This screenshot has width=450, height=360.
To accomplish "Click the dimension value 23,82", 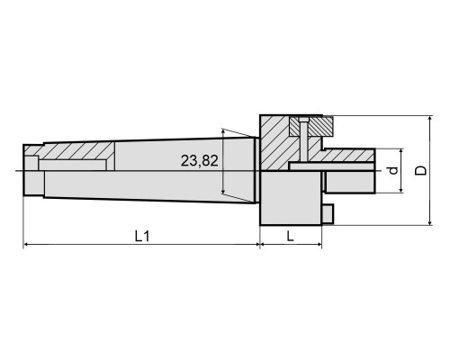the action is (x=199, y=161).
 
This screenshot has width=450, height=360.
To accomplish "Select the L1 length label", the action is (x=142, y=237).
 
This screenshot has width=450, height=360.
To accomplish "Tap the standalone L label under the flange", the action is (x=290, y=237).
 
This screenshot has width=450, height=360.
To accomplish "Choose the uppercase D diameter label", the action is (x=420, y=170).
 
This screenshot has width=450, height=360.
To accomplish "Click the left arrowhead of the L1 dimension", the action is (x=26, y=245).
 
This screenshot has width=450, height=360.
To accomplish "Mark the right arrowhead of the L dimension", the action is (x=319, y=245).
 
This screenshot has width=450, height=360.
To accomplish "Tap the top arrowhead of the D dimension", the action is (x=430, y=118).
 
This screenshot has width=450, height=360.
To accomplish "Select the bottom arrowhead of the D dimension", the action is (x=430, y=222).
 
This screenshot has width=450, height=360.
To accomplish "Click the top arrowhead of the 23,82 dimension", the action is (x=222, y=131).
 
